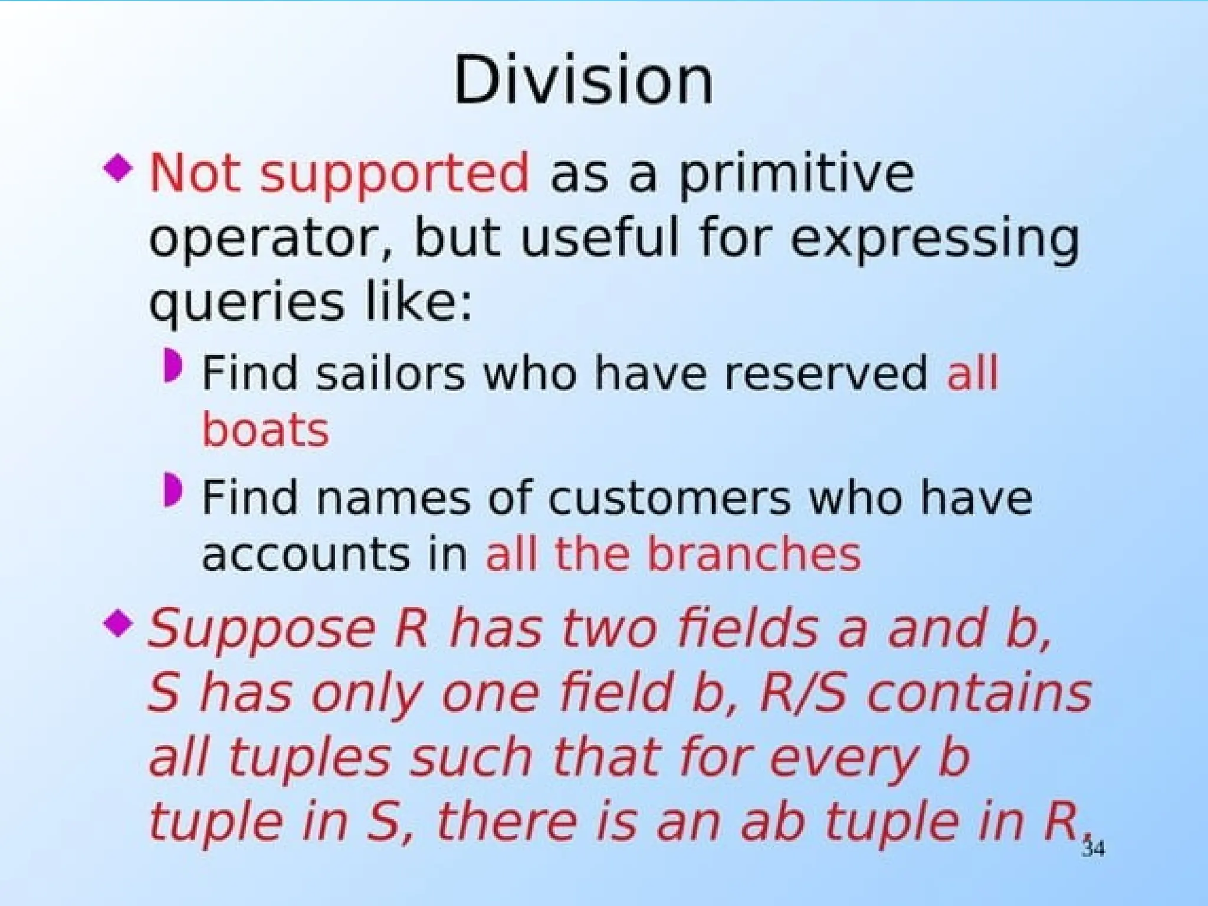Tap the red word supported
395,175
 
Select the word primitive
796,173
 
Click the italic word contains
979,693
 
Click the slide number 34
1093,848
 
